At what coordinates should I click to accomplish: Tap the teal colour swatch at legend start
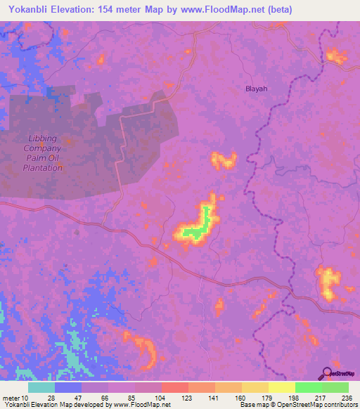coord(41,387)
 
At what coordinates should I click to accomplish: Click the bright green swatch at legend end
coord(335,387)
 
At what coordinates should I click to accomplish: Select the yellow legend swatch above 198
coord(282,387)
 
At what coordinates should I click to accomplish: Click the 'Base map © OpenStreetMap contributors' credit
coord(296,405)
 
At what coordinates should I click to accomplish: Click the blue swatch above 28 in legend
coord(68,387)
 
